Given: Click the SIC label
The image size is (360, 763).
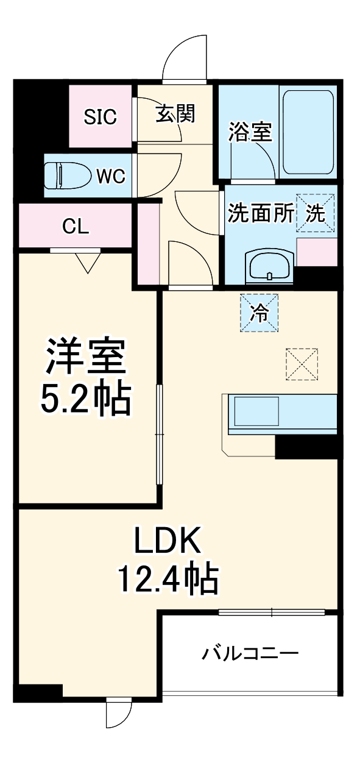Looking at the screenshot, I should (x=100, y=116).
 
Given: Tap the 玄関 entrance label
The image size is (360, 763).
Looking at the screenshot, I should (x=175, y=113).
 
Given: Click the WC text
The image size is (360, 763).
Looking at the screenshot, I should (x=111, y=177).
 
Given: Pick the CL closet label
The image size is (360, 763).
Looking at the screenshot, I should (x=76, y=227).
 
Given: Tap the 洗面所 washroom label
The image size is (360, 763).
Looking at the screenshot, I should (x=261, y=214).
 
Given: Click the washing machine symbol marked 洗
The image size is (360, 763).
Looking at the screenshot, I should (x=316, y=213).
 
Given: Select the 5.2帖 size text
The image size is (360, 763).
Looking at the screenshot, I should (x=85, y=400).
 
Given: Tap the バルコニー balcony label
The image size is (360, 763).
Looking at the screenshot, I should (x=251, y=655).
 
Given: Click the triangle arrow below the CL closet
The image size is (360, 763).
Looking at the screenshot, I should (x=88, y=263).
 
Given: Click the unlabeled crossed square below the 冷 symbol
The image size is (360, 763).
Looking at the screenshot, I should (x=302, y=364).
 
